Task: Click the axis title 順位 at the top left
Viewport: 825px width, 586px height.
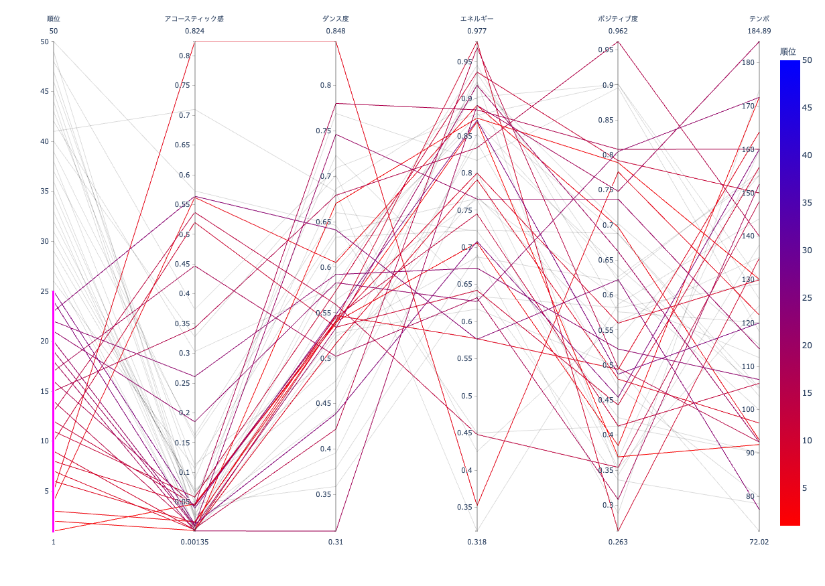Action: tap(54, 19)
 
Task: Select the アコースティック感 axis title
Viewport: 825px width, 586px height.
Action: tap(194, 19)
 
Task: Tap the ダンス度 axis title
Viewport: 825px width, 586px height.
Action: tap(336, 19)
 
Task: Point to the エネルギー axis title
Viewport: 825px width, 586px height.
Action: tap(477, 19)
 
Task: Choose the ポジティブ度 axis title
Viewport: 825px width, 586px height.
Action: tap(618, 19)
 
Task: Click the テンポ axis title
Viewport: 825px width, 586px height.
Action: tap(759, 19)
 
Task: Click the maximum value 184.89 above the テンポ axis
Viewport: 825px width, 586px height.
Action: tap(759, 31)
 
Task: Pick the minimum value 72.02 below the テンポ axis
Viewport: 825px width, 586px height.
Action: tap(759, 542)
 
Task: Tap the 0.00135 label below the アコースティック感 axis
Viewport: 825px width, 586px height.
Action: tap(194, 542)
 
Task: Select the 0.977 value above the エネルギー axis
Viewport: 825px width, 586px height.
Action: tap(477, 31)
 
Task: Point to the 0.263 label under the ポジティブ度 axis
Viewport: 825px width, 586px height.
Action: tap(618, 542)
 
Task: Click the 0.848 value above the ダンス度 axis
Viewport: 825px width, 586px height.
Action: tap(336, 31)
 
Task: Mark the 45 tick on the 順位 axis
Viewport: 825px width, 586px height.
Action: tap(45, 91)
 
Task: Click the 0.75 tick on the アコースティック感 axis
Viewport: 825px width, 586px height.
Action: tap(182, 85)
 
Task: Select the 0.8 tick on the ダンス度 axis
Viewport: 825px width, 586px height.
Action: tap(325, 85)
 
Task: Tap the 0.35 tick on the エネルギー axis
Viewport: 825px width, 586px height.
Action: tap(465, 507)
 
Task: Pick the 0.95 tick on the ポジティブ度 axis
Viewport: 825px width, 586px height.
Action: tap(607, 50)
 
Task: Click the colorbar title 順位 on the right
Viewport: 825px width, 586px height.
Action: tap(788, 52)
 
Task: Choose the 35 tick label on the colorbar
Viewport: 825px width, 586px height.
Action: tap(807, 202)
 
